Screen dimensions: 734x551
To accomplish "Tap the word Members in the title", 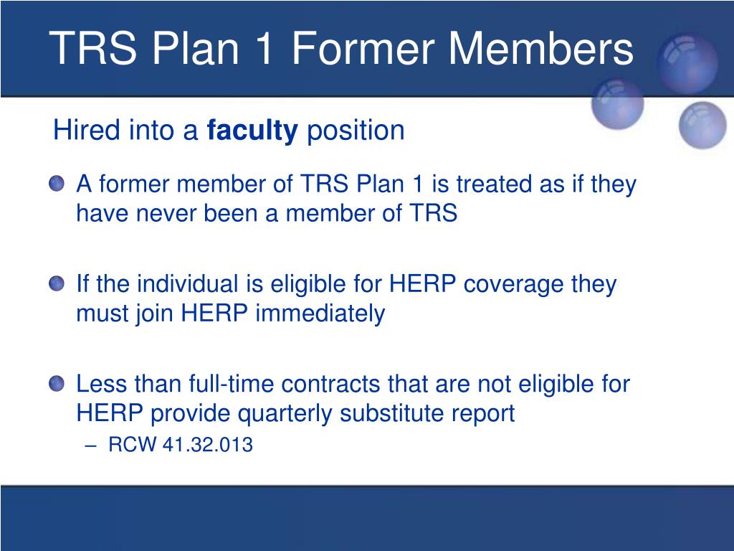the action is click(x=541, y=48).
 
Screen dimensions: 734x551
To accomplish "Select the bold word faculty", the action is click(x=252, y=131).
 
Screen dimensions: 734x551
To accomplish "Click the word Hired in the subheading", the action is click(x=87, y=130).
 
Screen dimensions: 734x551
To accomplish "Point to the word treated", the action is click(x=495, y=184).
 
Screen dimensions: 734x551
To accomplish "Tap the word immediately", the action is click(x=320, y=314).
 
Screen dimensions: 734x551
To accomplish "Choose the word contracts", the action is click(x=330, y=385).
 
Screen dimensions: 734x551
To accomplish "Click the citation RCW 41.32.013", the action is click(x=181, y=445).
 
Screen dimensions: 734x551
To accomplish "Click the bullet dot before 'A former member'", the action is click(x=57, y=183).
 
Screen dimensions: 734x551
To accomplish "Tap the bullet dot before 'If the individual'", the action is click(x=57, y=283).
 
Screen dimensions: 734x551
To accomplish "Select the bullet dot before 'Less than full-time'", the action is click(x=57, y=383).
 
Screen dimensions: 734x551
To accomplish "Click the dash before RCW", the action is click(x=91, y=446).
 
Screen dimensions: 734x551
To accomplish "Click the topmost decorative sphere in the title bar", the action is click(x=687, y=63).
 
